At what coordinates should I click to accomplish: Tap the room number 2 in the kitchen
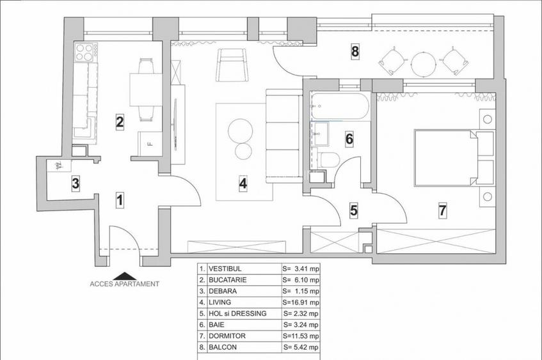[x=118, y=121]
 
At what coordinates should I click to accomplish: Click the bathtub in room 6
[x=339, y=106]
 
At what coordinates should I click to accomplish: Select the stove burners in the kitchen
[x=86, y=49]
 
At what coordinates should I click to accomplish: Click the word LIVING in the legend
[x=221, y=302]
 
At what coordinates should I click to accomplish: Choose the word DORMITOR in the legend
[x=227, y=335]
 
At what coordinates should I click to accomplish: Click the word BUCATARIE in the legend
[x=229, y=280]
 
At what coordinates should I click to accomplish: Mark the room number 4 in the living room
[x=243, y=184]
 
